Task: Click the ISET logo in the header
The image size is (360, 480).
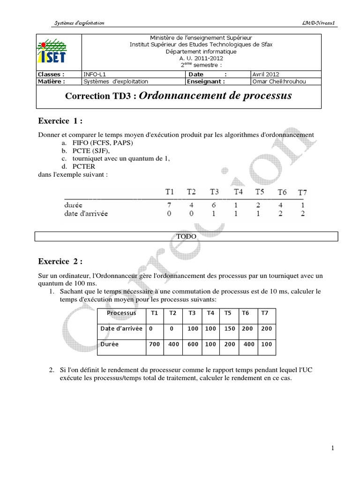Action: coord(52,52)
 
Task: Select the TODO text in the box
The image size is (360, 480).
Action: coord(186,237)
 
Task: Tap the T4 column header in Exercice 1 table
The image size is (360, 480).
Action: coord(239,191)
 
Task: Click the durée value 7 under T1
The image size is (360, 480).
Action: coord(169,204)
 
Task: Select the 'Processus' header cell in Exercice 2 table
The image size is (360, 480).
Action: coord(121,313)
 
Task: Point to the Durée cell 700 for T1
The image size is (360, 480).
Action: coord(154,344)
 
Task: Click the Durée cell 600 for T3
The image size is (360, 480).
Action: coord(192,344)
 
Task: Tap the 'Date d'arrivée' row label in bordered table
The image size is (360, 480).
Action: coord(121,329)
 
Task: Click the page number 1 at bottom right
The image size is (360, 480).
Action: coord(332,448)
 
